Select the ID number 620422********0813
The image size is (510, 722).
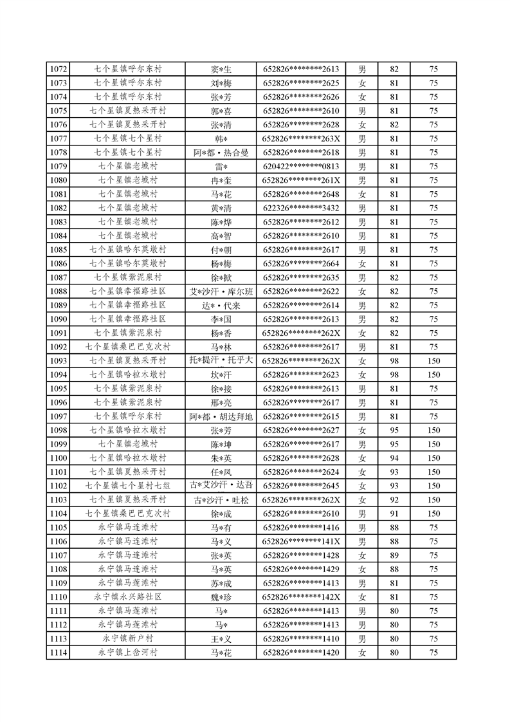301,167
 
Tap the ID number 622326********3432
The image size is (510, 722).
301,208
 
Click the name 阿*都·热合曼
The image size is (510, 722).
221,153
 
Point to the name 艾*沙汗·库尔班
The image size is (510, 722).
221,292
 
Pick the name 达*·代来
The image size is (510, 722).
221,306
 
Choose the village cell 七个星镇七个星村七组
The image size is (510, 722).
127,486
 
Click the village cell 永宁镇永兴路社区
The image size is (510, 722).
127,597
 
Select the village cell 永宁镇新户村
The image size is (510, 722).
127,639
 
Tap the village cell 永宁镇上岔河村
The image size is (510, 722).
127,653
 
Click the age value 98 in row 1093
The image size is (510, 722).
394,361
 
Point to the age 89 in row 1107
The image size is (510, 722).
394,555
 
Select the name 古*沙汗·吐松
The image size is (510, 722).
221,500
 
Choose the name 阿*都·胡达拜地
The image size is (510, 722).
221,416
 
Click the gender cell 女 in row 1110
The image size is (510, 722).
362,597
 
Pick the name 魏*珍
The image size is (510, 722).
221,597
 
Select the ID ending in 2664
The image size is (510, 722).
301,264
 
